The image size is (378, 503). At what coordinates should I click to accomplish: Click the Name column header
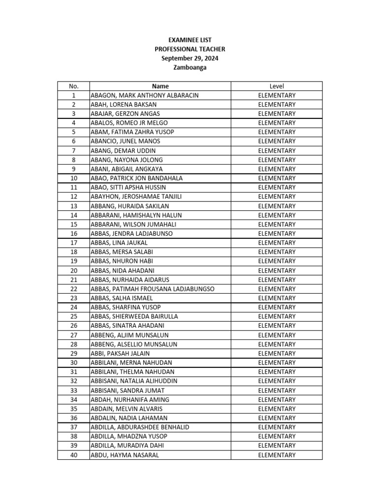[160, 86]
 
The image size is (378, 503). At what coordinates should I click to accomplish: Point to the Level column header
[277, 86]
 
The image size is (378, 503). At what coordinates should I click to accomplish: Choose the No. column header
[73, 86]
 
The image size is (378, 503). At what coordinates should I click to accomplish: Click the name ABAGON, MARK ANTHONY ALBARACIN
[144, 95]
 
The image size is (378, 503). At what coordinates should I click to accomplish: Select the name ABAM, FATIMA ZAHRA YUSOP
[132, 132]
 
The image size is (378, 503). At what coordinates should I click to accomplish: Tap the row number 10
[73, 178]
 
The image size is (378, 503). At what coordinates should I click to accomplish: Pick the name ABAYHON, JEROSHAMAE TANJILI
[136, 196]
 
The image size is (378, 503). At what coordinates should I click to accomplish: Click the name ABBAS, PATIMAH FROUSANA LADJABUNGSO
[153, 289]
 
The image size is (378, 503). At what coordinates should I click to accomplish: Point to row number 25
[73, 316]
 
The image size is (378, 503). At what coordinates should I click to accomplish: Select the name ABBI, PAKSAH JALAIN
[120, 353]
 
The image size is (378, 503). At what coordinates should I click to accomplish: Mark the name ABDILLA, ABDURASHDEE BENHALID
[140, 427]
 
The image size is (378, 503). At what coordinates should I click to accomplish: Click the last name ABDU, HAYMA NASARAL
[125, 455]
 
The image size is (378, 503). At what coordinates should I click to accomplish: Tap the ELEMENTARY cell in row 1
[277, 95]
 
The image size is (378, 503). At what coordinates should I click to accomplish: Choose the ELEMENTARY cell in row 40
[277, 455]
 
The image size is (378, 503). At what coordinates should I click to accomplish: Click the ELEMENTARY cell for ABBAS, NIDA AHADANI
[277, 271]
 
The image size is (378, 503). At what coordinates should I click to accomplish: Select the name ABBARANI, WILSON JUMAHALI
[133, 224]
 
